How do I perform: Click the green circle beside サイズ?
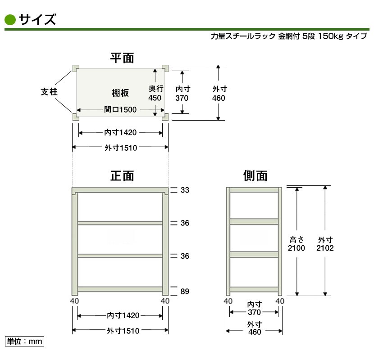point(10,20)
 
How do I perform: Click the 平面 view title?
point(122,58)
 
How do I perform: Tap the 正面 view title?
point(122,176)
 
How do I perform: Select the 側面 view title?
point(255,176)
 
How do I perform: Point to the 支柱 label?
point(49,92)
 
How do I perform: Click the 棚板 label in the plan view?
point(120,93)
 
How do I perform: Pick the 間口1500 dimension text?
point(120,110)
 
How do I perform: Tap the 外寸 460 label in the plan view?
point(219,94)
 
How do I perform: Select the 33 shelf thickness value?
point(185,190)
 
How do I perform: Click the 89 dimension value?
point(185,292)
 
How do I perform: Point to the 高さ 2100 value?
point(296,244)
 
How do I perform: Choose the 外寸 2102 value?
point(325,244)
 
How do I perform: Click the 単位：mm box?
point(24,342)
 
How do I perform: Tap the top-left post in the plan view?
point(75,68)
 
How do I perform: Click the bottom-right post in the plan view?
point(165,117)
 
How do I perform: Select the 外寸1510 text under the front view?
point(123,331)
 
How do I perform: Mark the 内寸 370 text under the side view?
point(254,308)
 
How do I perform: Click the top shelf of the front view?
point(120,190)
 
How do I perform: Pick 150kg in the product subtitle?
point(331,36)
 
